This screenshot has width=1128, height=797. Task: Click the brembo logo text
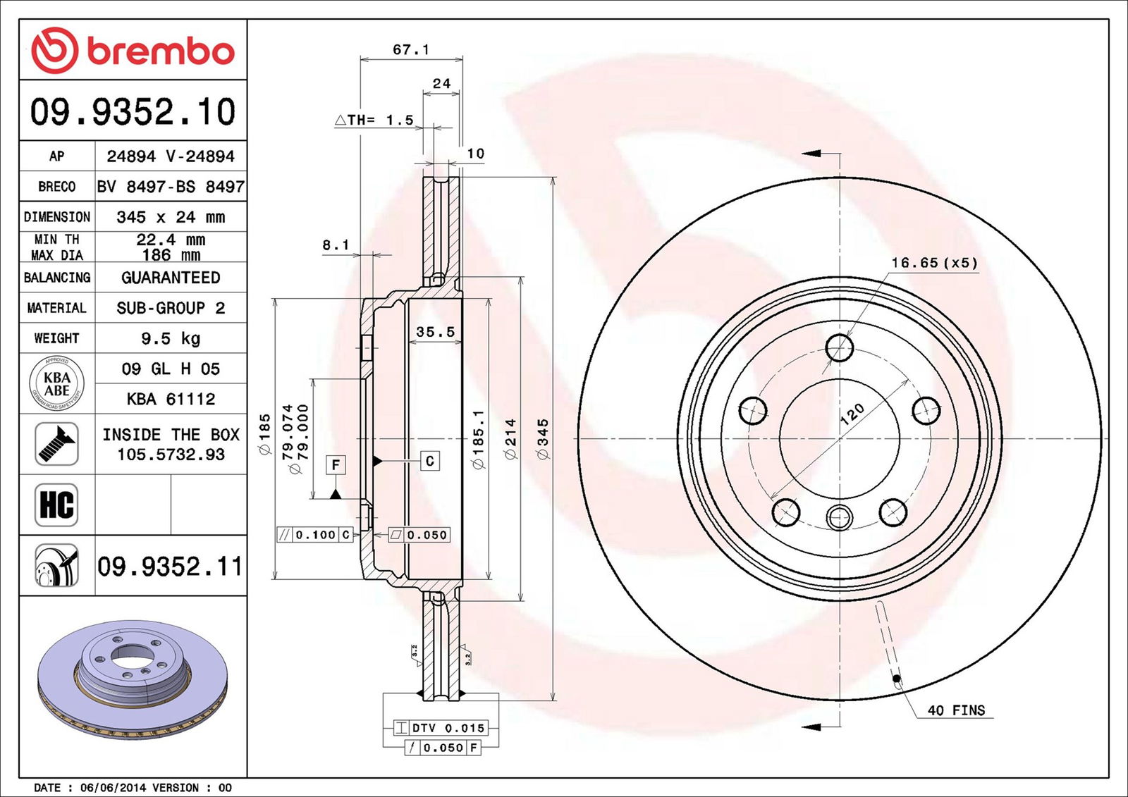(160, 51)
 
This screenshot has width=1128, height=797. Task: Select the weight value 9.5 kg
(171, 338)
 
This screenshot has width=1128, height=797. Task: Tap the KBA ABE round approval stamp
(56, 384)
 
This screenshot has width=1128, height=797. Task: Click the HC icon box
(56, 505)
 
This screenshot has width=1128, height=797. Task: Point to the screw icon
(56, 443)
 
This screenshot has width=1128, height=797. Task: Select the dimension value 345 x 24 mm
(171, 217)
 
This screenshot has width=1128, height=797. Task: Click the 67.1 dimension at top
(411, 50)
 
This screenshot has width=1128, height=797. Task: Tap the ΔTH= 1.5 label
(374, 120)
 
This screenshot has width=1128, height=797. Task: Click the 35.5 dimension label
(435, 331)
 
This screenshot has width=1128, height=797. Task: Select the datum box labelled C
(430, 461)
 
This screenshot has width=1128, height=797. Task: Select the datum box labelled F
(336, 464)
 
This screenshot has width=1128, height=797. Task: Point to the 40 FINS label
(956, 710)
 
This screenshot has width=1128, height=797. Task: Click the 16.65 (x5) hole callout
(934, 263)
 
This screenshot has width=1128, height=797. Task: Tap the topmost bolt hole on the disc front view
(840, 347)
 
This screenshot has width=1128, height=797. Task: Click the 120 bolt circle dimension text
(852, 413)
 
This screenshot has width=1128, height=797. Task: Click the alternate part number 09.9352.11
(170, 567)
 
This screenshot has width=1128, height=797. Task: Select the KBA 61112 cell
(171, 399)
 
